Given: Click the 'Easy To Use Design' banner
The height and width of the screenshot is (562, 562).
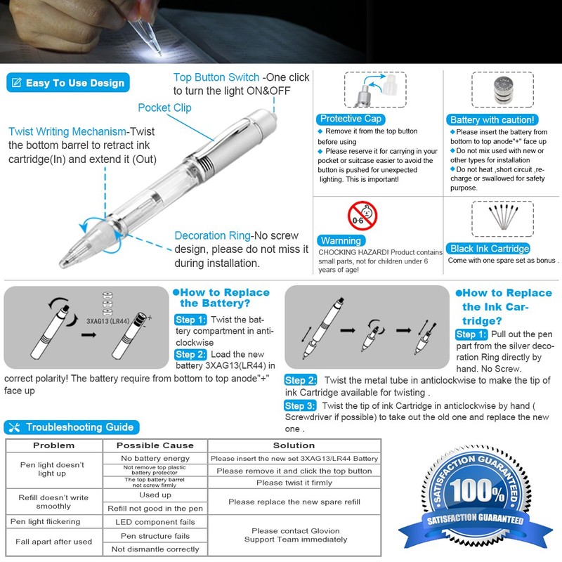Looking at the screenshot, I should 67,83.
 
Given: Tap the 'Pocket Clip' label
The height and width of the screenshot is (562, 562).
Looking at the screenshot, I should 164,107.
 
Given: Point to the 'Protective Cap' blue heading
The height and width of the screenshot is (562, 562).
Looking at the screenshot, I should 350,119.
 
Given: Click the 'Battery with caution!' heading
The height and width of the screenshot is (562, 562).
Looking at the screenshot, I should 493,120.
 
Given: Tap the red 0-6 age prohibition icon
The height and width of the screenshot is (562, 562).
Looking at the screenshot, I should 362,215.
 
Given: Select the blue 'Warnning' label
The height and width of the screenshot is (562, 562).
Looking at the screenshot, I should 341,241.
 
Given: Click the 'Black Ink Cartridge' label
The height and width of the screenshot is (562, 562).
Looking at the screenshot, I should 490,249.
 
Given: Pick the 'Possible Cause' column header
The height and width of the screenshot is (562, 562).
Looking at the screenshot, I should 155,445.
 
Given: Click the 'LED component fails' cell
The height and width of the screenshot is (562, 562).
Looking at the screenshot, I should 155,522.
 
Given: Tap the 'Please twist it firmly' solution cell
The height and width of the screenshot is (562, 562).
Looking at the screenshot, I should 294,483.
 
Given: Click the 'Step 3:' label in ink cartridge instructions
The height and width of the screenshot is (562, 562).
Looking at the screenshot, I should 299,405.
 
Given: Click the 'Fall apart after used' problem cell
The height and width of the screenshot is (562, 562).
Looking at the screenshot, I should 54,542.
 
